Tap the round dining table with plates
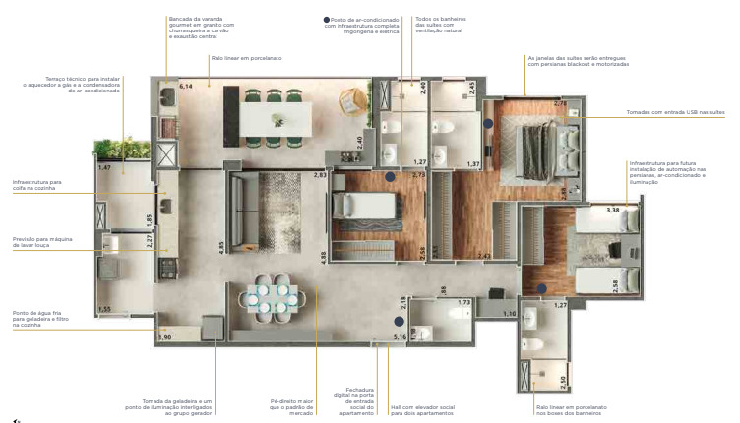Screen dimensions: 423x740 coord(273,298)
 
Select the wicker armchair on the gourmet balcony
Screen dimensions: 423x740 coord(351,101)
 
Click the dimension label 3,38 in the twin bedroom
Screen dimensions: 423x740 coord(612,210)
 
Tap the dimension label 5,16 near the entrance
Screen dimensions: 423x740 coord(401,337)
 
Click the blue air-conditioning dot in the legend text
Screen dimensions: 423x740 coord(327,19)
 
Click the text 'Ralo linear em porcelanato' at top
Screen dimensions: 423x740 coord(246,58)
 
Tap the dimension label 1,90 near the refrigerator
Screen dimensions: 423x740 coord(164,337)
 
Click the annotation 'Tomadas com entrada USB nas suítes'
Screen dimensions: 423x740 coord(674,112)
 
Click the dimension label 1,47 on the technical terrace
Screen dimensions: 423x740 coord(104,168)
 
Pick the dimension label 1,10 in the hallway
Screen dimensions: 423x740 coord(508,314)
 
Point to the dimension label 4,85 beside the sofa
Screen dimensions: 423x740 coord(221,245)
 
